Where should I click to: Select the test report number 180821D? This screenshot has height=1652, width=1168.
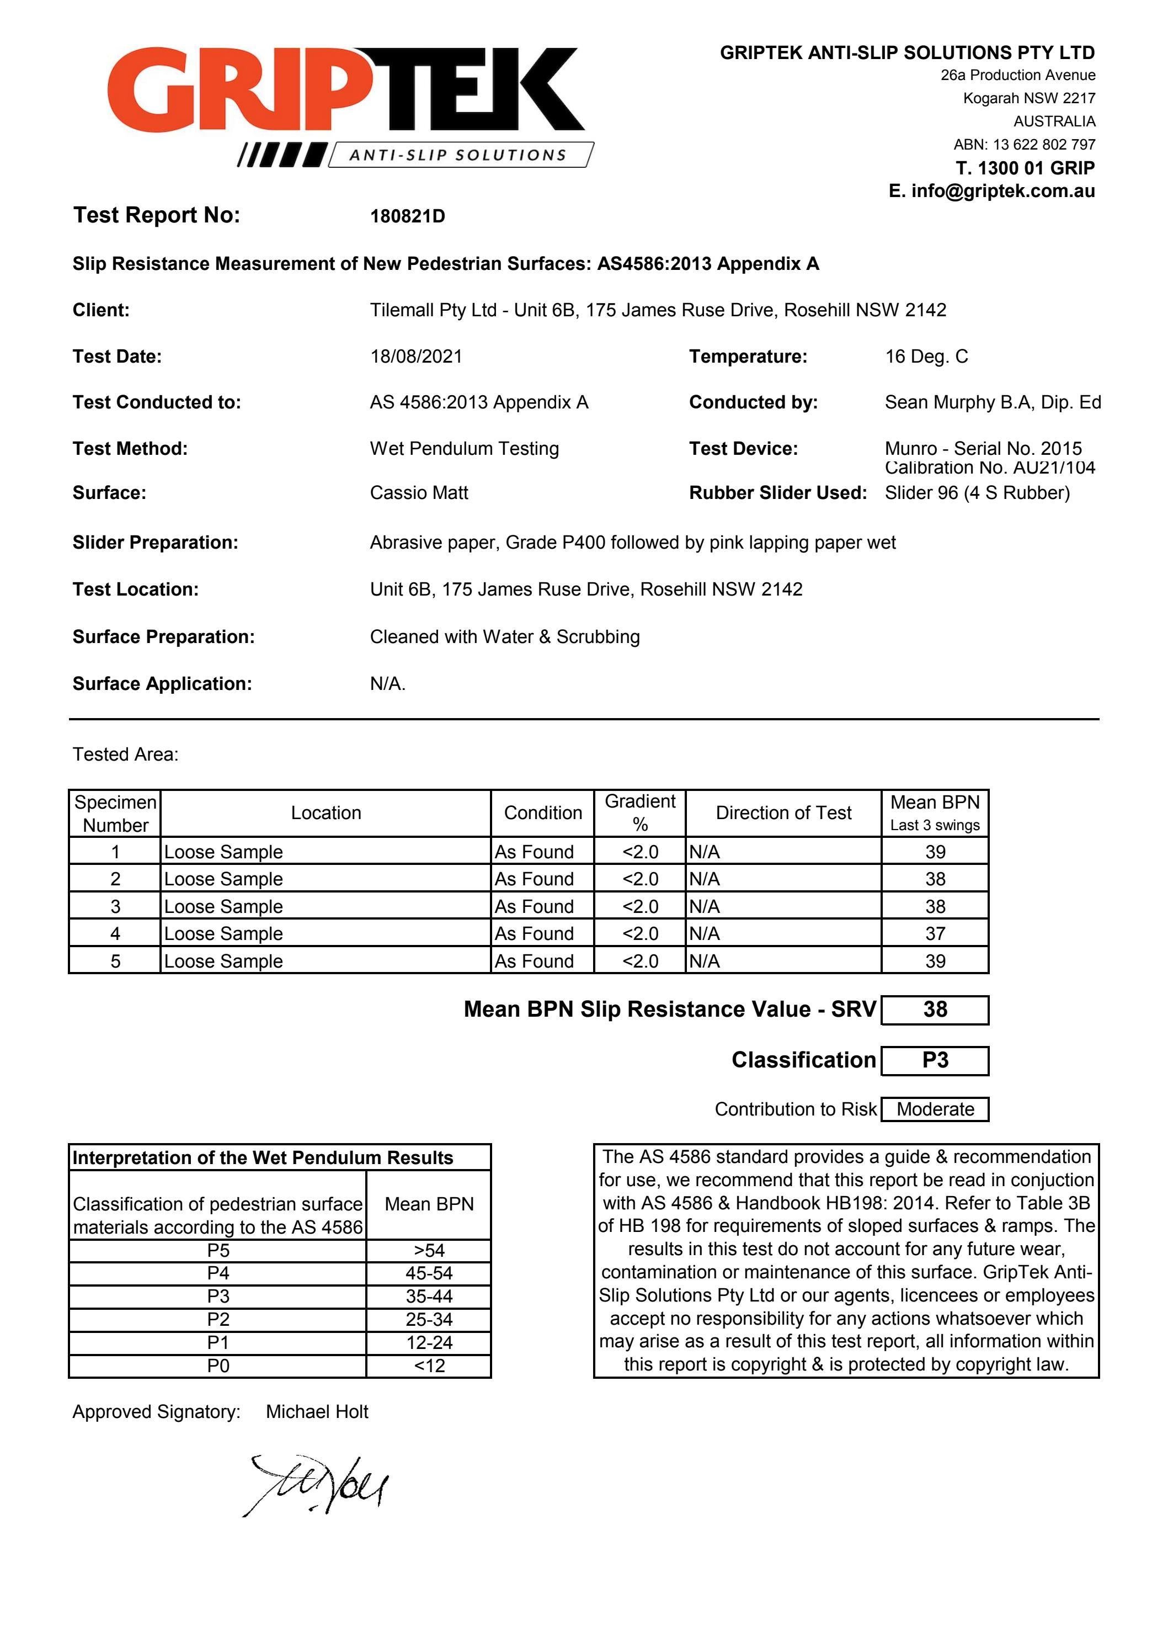tap(407, 216)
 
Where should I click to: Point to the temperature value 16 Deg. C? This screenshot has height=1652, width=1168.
tap(926, 356)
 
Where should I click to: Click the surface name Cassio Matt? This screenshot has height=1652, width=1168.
tap(419, 493)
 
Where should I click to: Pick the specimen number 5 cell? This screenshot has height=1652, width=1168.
tap(115, 960)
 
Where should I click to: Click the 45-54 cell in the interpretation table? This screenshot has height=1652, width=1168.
tap(429, 1273)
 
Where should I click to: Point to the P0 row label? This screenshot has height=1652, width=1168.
tap(218, 1365)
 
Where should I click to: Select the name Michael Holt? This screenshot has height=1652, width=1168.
tap(317, 1412)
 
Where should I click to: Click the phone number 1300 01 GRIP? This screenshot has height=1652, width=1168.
tap(1036, 168)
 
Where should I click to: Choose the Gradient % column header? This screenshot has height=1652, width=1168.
tap(639, 813)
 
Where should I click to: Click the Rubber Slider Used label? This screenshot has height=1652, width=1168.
tap(777, 493)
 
